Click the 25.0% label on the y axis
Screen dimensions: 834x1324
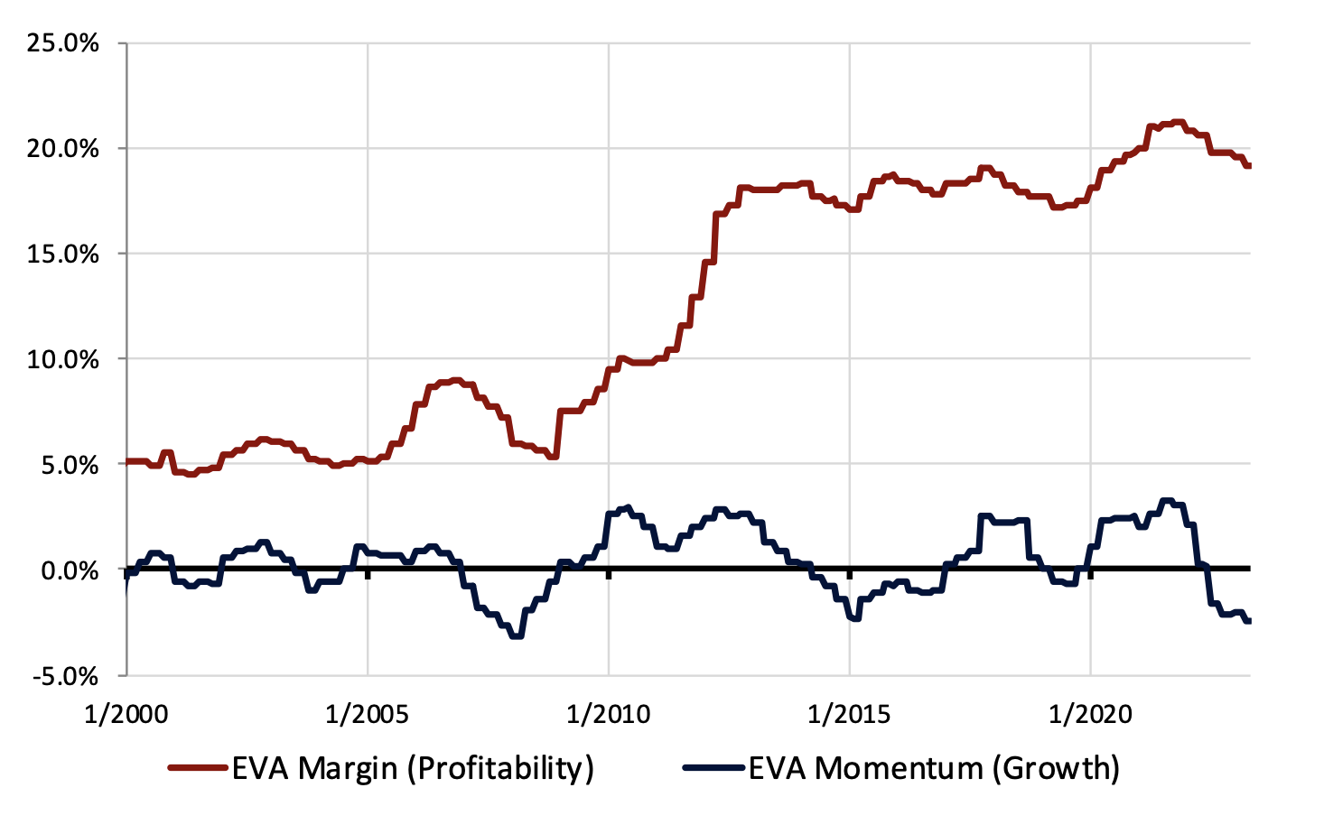62,43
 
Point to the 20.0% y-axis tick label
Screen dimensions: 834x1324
62,149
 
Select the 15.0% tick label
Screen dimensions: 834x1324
62,255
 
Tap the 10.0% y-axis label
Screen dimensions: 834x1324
62,359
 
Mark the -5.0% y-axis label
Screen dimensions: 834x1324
66,676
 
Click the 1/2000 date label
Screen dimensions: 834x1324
126,715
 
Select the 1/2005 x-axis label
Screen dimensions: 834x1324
368,715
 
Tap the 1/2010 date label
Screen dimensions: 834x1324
609,715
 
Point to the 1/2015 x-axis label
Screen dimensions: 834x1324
850,715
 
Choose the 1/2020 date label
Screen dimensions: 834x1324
1091,715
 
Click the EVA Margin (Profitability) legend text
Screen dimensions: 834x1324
413,768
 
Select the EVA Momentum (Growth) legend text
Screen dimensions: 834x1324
934,768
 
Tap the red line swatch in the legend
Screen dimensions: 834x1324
197,768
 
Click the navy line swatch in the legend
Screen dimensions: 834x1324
713,768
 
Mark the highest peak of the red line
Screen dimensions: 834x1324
1176,122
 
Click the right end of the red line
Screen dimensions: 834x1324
1249,165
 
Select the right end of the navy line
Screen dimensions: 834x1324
1249,620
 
